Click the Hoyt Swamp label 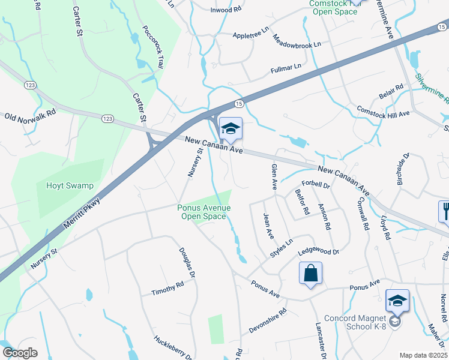70,185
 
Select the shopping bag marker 310,274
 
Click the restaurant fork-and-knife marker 444,212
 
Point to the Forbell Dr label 316,185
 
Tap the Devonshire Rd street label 268,322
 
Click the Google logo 20,353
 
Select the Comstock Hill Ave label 382,112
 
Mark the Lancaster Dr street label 321,340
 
